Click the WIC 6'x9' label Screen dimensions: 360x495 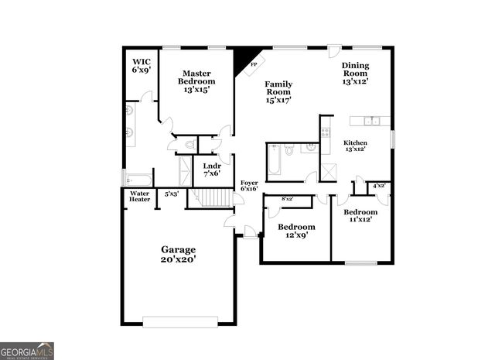(x=142, y=65)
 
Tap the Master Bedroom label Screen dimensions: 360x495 (x=196, y=81)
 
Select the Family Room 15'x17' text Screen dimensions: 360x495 (x=278, y=91)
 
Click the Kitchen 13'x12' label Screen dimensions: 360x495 (x=356, y=146)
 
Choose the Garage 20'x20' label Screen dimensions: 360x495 (x=179, y=255)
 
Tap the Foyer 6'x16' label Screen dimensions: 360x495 (x=249, y=186)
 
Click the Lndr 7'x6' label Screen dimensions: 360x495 (x=212, y=170)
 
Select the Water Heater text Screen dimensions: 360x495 (x=140, y=197)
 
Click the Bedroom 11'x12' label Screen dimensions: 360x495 (x=360, y=216)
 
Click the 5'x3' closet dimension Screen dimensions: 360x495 (x=172, y=194)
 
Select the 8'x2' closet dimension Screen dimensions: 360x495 (x=287, y=199)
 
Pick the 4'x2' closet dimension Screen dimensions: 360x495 (x=380, y=186)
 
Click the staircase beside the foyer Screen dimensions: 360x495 (x=212, y=198)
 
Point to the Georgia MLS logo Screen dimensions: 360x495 (x=27, y=351)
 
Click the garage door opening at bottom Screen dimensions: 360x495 (x=180, y=322)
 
